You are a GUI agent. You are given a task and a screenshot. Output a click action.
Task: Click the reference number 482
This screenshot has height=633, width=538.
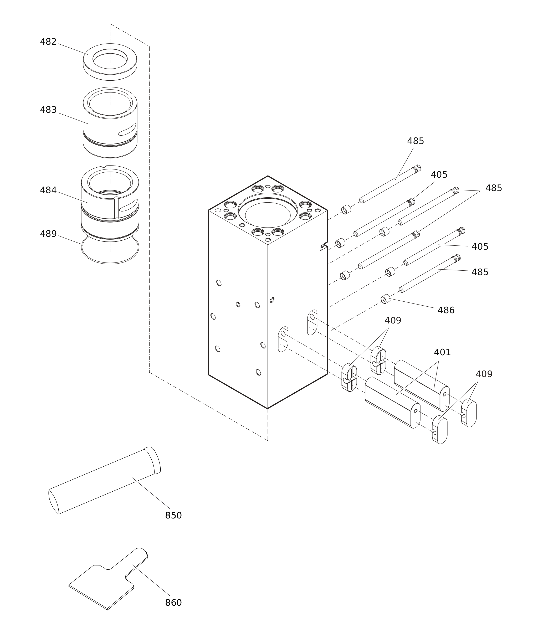click(x=48, y=42)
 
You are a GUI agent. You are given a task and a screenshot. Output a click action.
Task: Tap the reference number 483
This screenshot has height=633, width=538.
click(x=48, y=110)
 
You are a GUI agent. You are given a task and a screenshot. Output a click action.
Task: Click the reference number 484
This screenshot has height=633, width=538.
click(x=48, y=190)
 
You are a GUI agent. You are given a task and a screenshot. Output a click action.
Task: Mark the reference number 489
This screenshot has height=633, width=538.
click(x=48, y=234)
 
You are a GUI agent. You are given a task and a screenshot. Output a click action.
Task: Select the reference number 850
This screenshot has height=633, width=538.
click(x=173, y=515)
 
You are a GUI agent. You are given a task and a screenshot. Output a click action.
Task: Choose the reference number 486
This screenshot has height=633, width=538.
click(x=446, y=310)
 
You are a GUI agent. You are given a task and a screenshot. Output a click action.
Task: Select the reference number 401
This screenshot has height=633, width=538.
click(x=442, y=352)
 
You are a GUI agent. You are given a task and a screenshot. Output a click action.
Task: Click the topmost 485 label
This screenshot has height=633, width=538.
click(x=416, y=141)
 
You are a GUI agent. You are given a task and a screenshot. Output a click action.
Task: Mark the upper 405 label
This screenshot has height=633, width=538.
click(x=439, y=175)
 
